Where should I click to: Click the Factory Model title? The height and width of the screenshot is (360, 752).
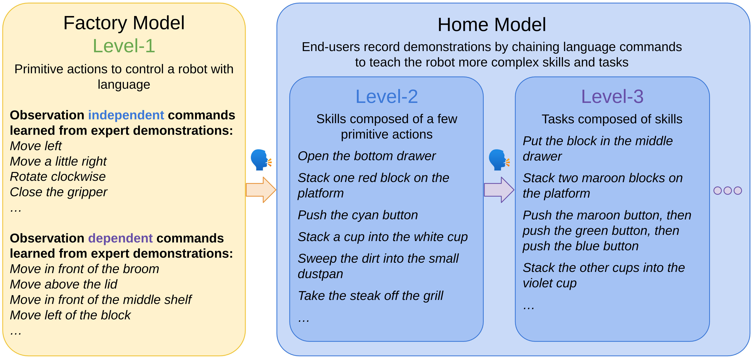(x=124, y=23)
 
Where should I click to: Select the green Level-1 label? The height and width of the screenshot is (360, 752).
(x=124, y=46)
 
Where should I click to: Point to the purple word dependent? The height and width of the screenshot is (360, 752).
(x=120, y=238)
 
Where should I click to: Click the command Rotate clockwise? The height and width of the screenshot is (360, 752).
(x=58, y=177)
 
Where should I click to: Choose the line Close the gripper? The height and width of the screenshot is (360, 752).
(x=58, y=192)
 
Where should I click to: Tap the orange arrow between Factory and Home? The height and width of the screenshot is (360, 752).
(x=261, y=190)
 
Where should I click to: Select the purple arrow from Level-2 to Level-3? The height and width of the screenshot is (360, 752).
(x=499, y=190)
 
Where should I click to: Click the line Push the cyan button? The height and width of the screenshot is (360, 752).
(x=358, y=215)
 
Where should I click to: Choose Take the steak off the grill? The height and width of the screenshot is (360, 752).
(x=370, y=296)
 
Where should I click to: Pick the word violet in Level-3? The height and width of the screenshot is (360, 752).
(x=537, y=283)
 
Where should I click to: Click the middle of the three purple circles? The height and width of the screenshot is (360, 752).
(x=728, y=191)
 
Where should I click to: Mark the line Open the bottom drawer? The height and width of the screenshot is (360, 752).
(x=366, y=156)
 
